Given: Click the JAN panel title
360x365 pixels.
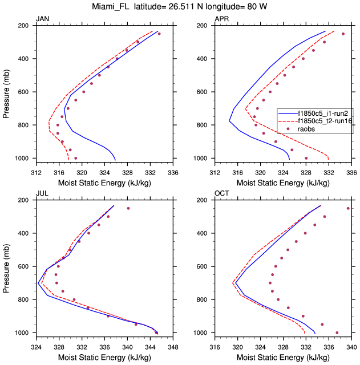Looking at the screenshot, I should point(43,19).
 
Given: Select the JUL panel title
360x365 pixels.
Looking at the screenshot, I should point(42,194).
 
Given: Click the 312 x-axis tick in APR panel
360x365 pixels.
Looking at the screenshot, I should point(215,169).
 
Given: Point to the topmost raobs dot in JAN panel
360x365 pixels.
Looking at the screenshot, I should point(159,34).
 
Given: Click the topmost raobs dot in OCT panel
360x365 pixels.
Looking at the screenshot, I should point(348,208).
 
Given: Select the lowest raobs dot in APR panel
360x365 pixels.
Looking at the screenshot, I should point(306,158).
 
